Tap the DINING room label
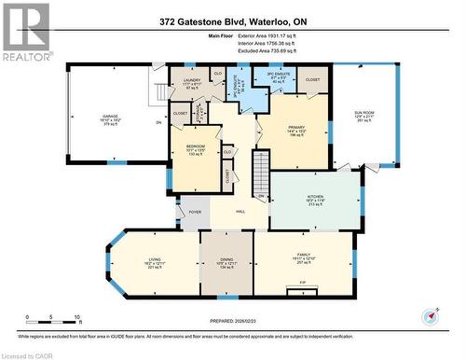(x=226, y=263)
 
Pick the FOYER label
(x=195, y=213)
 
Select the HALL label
(x=239, y=213)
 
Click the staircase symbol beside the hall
(x=261, y=174)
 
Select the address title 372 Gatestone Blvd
(x=234, y=19)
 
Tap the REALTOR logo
(x=25, y=31)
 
